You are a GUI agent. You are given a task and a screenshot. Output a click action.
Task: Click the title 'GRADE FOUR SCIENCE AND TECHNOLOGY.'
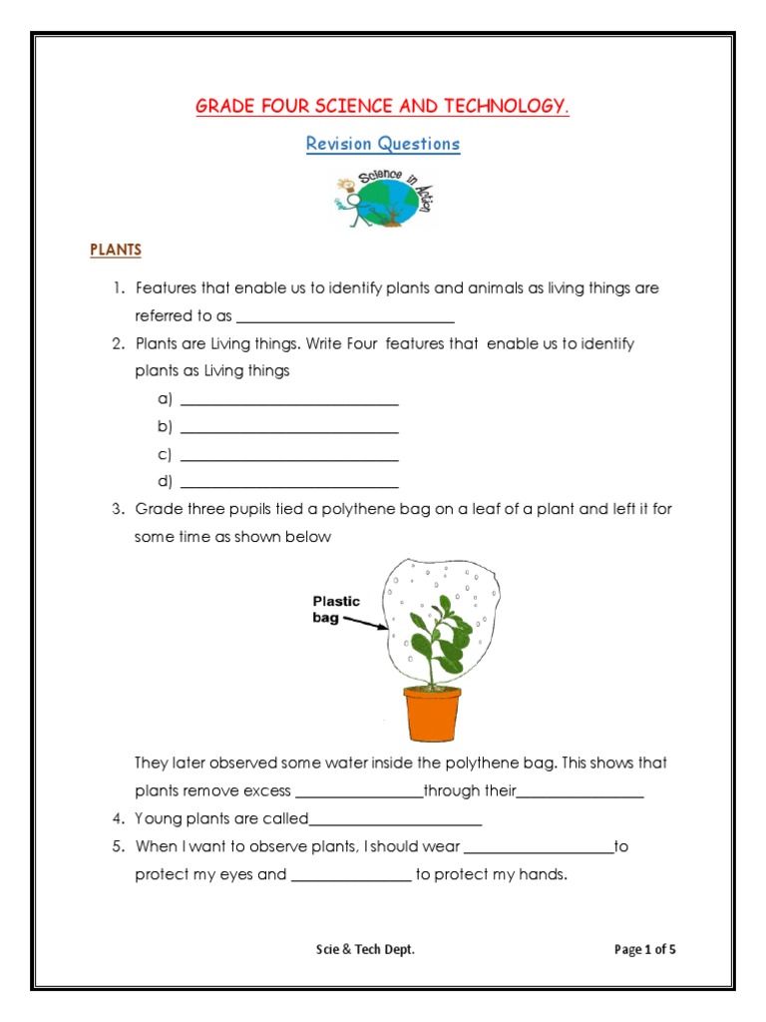[x=382, y=107]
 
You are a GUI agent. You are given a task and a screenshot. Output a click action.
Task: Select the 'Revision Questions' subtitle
[x=382, y=144]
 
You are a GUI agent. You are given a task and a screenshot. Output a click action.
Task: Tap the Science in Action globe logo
[x=383, y=200]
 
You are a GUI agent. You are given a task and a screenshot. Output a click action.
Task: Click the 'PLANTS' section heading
[x=116, y=250]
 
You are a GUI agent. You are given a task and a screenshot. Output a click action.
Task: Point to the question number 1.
[x=117, y=288]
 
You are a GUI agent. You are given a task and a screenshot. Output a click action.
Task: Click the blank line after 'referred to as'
[x=345, y=320]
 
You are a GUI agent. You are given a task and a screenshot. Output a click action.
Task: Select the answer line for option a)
[x=289, y=403]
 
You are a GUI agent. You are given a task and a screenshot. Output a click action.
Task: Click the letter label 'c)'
[x=165, y=455]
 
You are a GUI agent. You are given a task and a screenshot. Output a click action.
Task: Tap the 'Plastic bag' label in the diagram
[x=336, y=609]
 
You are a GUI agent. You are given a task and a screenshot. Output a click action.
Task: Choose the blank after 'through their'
[x=579, y=795]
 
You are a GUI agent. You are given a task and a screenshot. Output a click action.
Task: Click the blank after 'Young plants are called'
[x=395, y=823]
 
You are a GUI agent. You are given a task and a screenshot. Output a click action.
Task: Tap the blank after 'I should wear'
[x=539, y=851]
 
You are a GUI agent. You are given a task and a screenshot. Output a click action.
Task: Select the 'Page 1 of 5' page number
[x=644, y=949]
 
